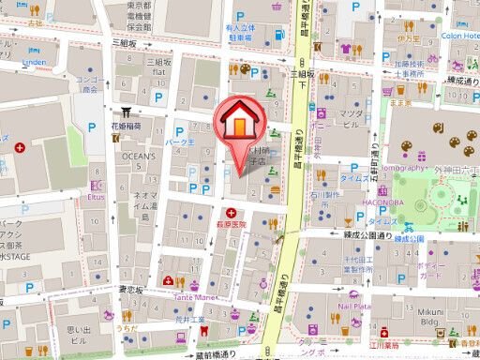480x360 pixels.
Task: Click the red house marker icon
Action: (239, 120)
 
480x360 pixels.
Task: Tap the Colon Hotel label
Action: (458, 36)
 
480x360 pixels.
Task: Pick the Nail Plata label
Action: (355, 306)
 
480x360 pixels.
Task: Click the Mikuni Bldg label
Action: (430, 316)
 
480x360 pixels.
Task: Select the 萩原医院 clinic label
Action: (228, 225)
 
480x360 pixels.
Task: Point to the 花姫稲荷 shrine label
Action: (127, 125)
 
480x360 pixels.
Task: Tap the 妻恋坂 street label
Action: (131, 290)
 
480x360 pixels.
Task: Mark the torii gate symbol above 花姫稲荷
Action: (120, 110)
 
